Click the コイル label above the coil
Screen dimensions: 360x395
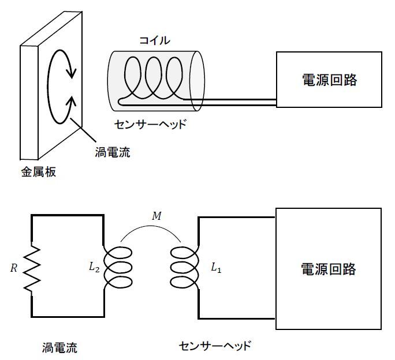tap(154, 40)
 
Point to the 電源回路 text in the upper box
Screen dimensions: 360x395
tap(330, 80)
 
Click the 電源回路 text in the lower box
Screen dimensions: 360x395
tap(329, 269)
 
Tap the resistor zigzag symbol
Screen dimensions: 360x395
tap(32, 268)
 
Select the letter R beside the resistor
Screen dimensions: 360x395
tap(14, 268)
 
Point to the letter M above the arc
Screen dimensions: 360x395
tap(156, 216)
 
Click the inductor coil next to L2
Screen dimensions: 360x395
tap(118, 268)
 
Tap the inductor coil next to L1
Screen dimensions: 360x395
tap(184, 268)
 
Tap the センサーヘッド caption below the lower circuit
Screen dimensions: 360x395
tap(215, 346)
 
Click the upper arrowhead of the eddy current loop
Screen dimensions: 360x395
tap(71, 73)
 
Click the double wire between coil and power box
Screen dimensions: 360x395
tap(237, 103)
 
